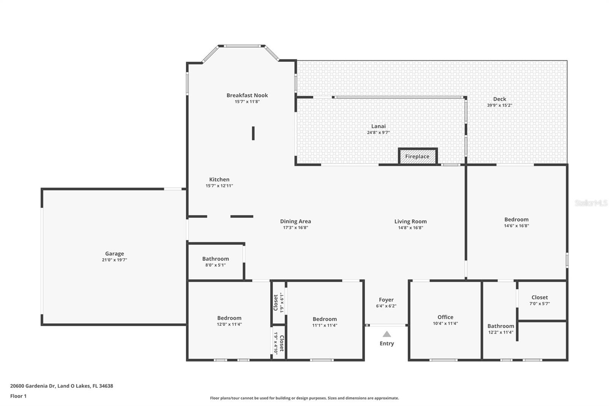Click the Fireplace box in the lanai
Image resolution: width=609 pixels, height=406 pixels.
(x=418, y=157)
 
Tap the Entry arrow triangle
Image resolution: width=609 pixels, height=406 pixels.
(x=387, y=334)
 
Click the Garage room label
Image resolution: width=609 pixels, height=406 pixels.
(x=115, y=254)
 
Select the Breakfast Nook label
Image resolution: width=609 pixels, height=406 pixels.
(x=247, y=95)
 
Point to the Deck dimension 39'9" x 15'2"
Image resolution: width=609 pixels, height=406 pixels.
(x=499, y=105)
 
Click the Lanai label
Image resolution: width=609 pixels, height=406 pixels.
(x=378, y=126)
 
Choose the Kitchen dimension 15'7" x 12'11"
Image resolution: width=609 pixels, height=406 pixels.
(x=219, y=186)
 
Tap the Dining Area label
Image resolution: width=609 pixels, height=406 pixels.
(x=295, y=221)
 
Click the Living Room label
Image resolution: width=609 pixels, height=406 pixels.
(x=410, y=221)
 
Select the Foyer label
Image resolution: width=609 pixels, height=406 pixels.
(x=386, y=300)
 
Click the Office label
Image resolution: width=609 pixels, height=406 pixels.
(x=445, y=317)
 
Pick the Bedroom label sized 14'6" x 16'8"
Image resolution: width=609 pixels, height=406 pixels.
(x=516, y=219)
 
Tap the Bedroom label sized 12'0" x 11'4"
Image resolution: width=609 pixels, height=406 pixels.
(x=229, y=318)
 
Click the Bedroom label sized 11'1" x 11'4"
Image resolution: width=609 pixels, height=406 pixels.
(x=325, y=319)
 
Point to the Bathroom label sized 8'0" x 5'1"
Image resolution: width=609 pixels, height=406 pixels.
(x=215, y=259)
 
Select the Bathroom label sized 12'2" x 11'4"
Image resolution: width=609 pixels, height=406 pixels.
(x=501, y=326)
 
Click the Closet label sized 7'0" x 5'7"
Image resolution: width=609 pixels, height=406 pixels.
(x=539, y=297)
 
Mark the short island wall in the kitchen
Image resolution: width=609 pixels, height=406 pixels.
(x=253, y=133)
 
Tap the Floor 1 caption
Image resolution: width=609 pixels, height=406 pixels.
(x=18, y=396)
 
